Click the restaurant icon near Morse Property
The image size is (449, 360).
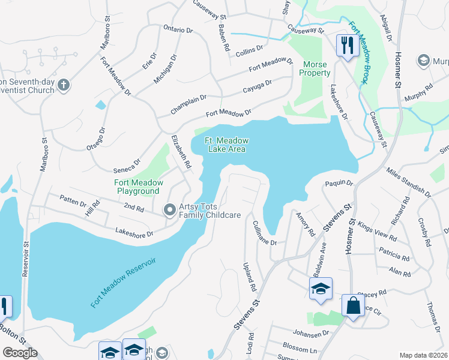348,44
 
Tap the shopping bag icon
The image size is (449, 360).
353,305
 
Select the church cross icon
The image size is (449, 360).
64,85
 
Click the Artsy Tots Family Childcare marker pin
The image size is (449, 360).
170,209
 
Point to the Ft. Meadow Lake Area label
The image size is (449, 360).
226,145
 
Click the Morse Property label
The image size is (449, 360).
316,68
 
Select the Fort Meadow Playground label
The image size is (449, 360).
137,187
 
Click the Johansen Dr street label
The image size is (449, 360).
310,332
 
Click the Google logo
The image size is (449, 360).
20,353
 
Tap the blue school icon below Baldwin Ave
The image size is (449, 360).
321,289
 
